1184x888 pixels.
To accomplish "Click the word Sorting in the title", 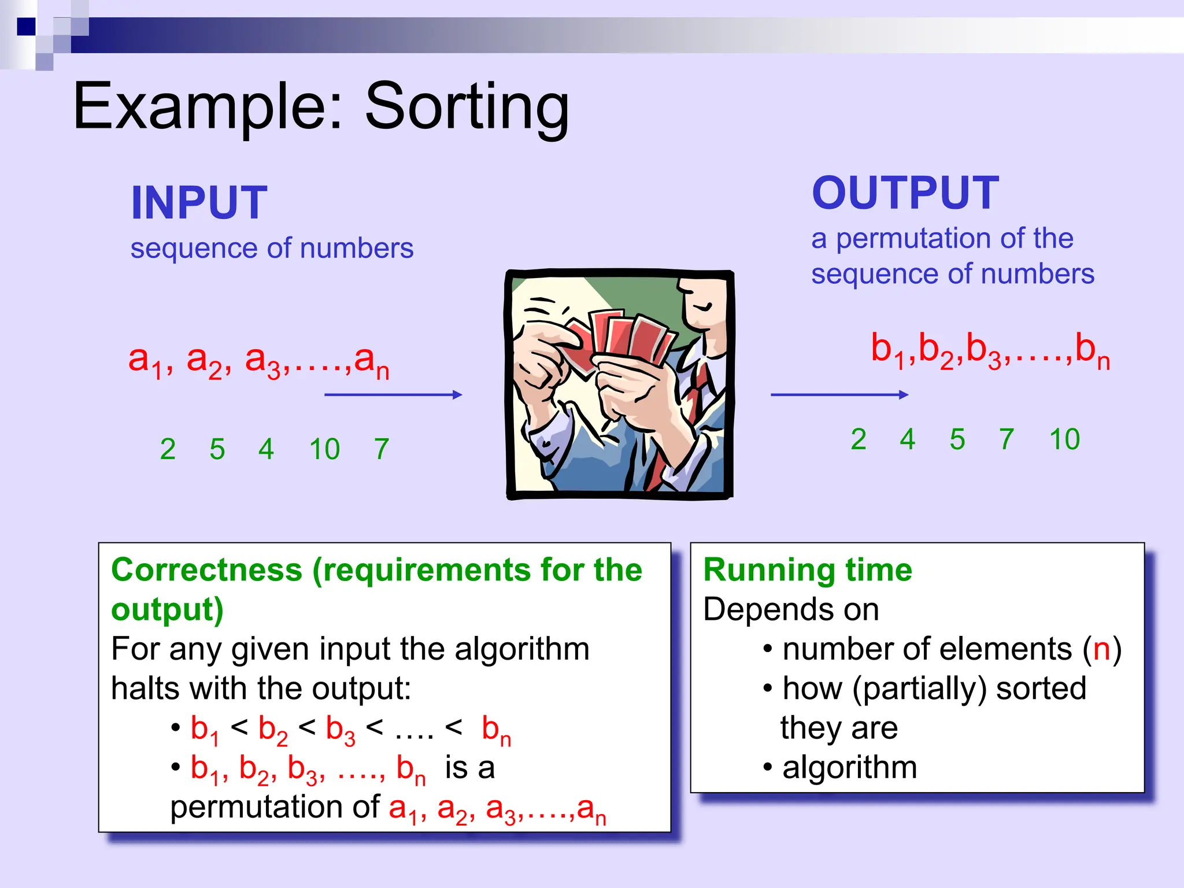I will (467, 107).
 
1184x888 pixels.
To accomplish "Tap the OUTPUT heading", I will (905, 193).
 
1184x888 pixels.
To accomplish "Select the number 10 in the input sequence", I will (324, 449).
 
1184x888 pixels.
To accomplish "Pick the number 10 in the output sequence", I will (1064, 439).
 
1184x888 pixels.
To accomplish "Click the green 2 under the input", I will (168, 449).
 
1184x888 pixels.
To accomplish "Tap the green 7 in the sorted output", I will (1007, 439).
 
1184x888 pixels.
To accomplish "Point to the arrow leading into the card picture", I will (393, 395).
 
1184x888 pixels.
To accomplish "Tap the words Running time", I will (808, 570).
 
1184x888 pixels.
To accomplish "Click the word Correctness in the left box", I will (206, 570).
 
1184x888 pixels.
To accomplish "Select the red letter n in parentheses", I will (1101, 649).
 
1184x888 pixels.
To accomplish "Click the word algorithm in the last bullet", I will (849, 768).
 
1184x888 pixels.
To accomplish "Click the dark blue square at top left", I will (27, 27).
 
